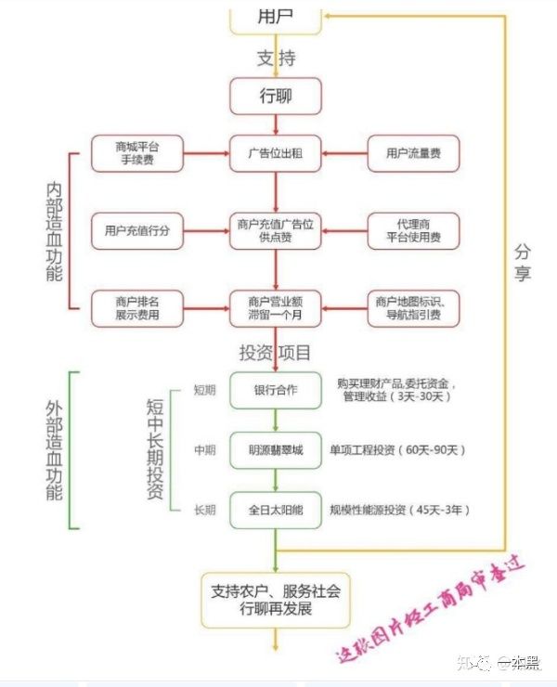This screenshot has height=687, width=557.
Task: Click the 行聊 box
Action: pyautogui.click(x=276, y=96)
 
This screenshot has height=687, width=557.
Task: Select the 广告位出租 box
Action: pyautogui.click(x=276, y=152)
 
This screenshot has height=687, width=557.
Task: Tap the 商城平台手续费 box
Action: pyautogui.click(x=136, y=152)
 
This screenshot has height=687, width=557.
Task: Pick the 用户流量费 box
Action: pyautogui.click(x=414, y=152)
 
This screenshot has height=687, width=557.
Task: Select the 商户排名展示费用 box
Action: pyautogui.click(x=136, y=307)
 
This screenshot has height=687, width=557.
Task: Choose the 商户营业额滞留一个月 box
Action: pyautogui.click(x=276, y=307)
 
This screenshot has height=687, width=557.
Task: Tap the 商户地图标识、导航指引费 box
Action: pyautogui.click(x=414, y=307)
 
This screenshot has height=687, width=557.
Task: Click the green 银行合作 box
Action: pyautogui.click(x=276, y=390)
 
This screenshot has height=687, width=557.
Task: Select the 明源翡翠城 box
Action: pyautogui.click(x=276, y=449)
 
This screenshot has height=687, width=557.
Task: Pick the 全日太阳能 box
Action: pyautogui.click(x=276, y=510)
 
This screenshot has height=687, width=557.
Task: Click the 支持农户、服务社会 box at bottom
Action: pyautogui.click(x=276, y=599)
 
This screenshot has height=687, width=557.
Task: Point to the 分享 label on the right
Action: pyautogui.click(x=524, y=262)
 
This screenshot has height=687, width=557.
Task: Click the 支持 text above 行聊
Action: pyautogui.click(x=276, y=58)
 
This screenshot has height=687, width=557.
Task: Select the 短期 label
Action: pyautogui.click(x=204, y=390)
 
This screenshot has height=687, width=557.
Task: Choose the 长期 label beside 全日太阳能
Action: pyautogui.click(x=204, y=510)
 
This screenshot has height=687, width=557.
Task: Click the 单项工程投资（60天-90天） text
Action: pyautogui.click(x=396, y=450)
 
